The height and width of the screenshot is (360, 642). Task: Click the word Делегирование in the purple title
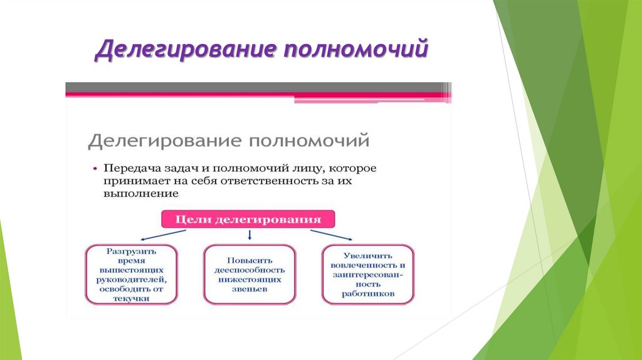pos(186,50)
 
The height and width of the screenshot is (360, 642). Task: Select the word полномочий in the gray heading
pos(309,141)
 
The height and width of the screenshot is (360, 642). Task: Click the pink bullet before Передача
pos(95,168)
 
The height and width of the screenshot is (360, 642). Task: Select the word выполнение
pos(141,193)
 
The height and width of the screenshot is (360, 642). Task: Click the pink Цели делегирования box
pos(248,219)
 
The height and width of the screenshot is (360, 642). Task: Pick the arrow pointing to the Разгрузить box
pos(163,235)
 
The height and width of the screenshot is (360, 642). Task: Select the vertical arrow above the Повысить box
pos(250,235)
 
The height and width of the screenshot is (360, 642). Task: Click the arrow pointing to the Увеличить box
pos(331,235)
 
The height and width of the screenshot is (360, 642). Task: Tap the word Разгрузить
pos(131,251)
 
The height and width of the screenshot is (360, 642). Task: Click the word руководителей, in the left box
pos(131,280)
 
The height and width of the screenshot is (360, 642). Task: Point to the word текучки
pos(131,299)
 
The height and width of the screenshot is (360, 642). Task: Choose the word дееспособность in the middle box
pos(250,270)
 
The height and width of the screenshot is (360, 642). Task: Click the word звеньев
pos(250,289)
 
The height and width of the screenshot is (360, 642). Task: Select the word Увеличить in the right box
pos(367,256)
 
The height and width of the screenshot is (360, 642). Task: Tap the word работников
pos(367,294)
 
